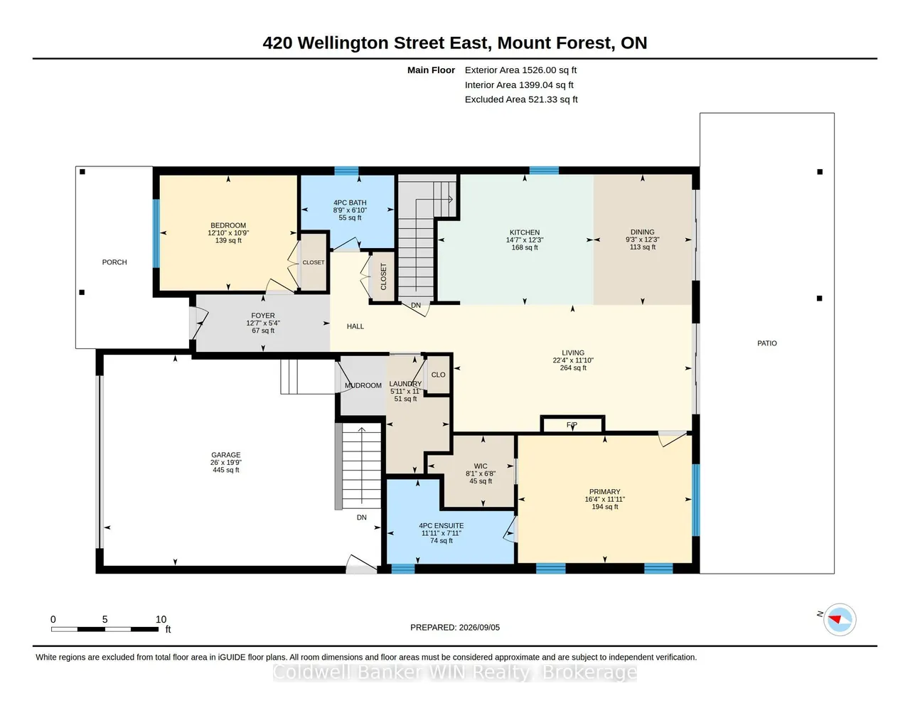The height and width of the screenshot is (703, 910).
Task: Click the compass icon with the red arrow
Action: [839, 619]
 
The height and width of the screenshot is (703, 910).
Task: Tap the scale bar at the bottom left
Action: [105, 629]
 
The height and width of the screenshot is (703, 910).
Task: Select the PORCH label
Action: [114, 262]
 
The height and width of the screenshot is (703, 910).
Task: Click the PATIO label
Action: [767, 343]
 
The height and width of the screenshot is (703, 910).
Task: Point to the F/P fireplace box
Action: [572, 424]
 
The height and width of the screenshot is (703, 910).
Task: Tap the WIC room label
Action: [481, 466]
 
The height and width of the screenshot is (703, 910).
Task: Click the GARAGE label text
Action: [225, 455]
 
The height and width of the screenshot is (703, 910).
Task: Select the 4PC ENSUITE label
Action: [441, 525]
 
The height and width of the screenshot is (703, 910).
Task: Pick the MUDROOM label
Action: [363, 386]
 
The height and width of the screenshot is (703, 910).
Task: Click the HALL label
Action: [355, 326]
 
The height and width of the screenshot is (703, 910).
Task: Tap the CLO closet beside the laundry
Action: [438, 375]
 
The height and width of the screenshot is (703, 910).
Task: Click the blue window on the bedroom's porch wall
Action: [156, 233]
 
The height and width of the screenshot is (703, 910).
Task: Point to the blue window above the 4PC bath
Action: [346, 171]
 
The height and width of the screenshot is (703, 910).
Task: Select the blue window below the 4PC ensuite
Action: [403, 569]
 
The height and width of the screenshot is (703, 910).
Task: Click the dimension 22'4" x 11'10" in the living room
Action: [573, 360]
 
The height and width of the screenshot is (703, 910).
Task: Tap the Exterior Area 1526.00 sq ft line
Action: [520, 70]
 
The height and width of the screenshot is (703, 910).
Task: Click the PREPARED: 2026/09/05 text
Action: [455, 627]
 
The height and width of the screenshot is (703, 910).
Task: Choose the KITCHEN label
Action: [524, 232]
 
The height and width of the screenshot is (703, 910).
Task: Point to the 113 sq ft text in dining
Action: [643, 247]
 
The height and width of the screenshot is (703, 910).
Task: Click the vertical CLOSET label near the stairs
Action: [383, 277]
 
